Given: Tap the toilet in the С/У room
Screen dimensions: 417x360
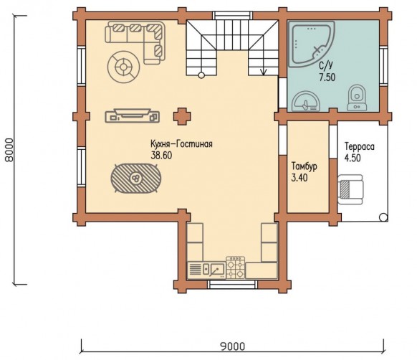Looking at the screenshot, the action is pyautogui.click(x=357, y=98).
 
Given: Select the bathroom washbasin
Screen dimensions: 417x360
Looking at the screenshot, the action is pyautogui.click(x=305, y=101).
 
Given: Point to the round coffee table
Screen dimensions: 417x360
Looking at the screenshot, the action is pyautogui.click(x=124, y=67).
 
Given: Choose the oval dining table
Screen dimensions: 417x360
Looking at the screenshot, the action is pyautogui.click(x=136, y=179).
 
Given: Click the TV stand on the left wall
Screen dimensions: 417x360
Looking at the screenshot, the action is pyautogui.click(x=133, y=115).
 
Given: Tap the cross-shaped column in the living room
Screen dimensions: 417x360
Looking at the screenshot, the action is pyautogui.click(x=182, y=116).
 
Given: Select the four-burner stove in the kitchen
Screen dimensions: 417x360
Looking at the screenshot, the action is pyautogui.click(x=235, y=267).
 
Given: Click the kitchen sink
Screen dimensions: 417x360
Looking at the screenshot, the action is pyautogui.click(x=214, y=270).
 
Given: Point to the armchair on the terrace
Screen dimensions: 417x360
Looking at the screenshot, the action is pyautogui.click(x=350, y=189).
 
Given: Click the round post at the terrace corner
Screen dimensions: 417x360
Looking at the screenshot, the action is pyautogui.click(x=383, y=217).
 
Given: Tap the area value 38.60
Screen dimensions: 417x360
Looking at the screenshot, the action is pyautogui.click(x=161, y=156).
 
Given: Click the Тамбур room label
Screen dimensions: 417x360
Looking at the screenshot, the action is pyautogui.click(x=305, y=166).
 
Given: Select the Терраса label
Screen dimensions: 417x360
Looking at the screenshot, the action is pyautogui.click(x=360, y=147).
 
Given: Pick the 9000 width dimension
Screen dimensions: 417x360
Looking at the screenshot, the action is pyautogui.click(x=233, y=346).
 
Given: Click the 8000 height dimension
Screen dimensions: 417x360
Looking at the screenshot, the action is pyautogui.click(x=9, y=150).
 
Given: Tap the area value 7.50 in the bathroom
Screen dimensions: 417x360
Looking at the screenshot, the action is pyautogui.click(x=327, y=77).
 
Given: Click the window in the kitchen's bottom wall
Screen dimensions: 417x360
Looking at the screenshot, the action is pyautogui.click(x=233, y=285).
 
